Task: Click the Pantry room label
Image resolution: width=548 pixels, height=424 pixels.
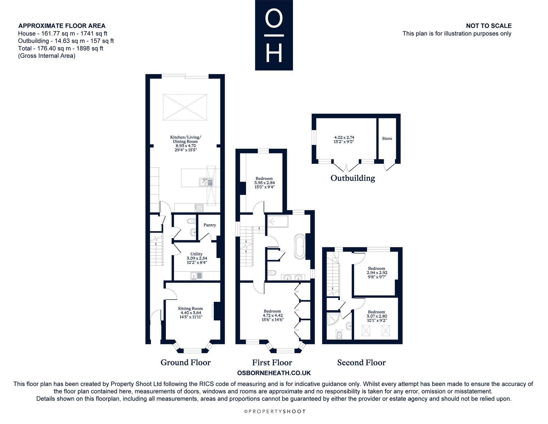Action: [210, 225]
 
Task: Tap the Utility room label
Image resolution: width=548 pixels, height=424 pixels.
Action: [196, 254]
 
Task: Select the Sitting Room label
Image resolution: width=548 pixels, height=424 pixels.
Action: [190, 308]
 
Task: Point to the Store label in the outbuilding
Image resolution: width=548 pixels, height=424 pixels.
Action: [387, 139]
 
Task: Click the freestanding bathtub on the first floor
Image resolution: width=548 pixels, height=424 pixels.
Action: [299, 246]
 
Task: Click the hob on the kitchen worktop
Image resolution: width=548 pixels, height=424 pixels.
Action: [199, 207]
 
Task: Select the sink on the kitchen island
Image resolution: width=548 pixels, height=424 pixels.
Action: [206, 182]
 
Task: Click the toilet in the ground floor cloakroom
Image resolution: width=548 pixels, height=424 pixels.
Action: [192, 221]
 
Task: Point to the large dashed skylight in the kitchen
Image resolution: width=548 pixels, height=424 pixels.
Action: [185, 107]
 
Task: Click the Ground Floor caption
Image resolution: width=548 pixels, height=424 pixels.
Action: [185, 363]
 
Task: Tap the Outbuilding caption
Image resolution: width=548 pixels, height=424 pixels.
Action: [353, 178]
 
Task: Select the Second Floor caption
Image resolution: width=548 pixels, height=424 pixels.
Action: [361, 363]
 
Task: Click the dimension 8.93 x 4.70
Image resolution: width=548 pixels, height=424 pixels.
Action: [185, 146]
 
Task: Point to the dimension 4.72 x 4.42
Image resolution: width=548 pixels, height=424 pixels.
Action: [272, 315]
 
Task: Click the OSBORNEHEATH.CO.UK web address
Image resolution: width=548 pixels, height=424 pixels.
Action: [274, 373]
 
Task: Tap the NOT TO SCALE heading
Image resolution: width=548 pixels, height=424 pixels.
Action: [489, 26]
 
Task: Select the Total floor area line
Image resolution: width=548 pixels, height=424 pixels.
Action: [61, 48]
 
